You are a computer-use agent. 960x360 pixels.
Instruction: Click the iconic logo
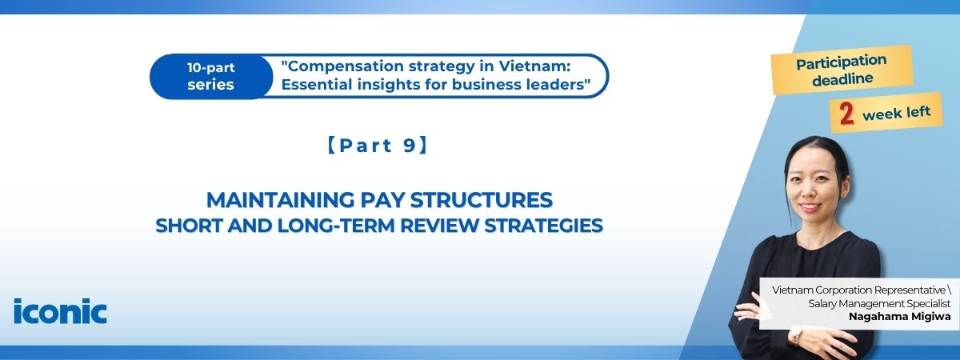(x=60, y=310)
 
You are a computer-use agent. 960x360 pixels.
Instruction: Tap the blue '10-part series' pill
(x=211, y=76)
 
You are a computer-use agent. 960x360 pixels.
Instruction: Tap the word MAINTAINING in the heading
(x=281, y=200)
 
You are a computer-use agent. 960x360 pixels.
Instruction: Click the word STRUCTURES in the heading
(x=482, y=200)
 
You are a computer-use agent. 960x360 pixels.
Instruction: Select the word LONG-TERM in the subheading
(x=336, y=226)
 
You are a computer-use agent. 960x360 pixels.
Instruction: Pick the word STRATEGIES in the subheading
(x=543, y=226)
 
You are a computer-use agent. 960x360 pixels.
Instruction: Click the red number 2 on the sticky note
(x=846, y=114)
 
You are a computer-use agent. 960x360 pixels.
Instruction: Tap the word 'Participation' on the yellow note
(x=842, y=62)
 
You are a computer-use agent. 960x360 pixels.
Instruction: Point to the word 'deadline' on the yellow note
(x=842, y=79)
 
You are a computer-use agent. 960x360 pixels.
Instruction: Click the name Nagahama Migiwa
(x=900, y=317)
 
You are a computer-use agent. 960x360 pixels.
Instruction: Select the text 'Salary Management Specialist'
(x=879, y=303)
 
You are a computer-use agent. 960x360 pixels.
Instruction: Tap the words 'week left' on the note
(x=896, y=114)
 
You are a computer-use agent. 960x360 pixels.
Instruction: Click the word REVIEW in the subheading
(x=439, y=226)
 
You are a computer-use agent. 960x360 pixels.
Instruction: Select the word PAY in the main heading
(x=382, y=200)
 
